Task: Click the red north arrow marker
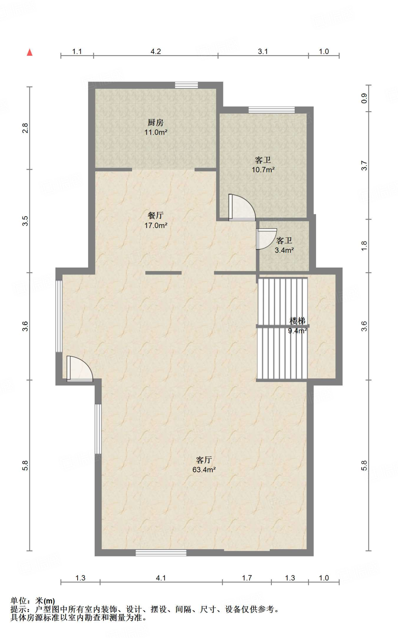coord(30,52)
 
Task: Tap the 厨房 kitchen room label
coord(156,122)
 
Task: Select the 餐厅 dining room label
coord(156,215)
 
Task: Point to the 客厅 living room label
coord(204,460)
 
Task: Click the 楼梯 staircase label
coord(297,321)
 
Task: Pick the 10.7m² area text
coord(263,170)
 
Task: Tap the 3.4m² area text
coord(284,250)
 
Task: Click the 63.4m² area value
coord(204,469)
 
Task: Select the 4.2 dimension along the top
coord(156,51)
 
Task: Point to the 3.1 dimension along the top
coord(263,51)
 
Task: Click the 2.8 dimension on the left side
coord(25,128)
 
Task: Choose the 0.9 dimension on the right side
coord(364,98)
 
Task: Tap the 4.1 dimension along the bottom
coord(161,578)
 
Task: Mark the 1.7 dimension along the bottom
coord(247,578)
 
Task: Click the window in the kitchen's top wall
coord(186,85)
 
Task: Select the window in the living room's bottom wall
coord(161,553)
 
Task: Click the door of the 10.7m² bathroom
coord(242,207)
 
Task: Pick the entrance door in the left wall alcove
coord(80,369)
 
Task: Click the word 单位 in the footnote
coord(19,601)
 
